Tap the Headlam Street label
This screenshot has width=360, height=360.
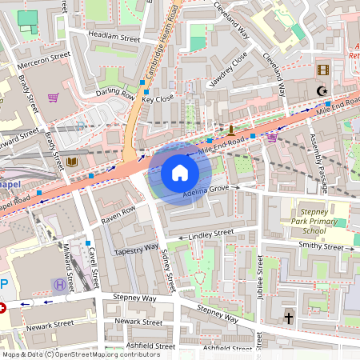[x=114, y=38]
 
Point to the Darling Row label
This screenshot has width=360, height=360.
[x=114, y=93]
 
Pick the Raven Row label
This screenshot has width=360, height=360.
[x=118, y=214]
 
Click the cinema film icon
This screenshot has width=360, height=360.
[x=322, y=70]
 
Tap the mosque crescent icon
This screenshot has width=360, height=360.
[x=322, y=91]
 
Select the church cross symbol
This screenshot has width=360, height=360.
[x=288, y=318]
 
